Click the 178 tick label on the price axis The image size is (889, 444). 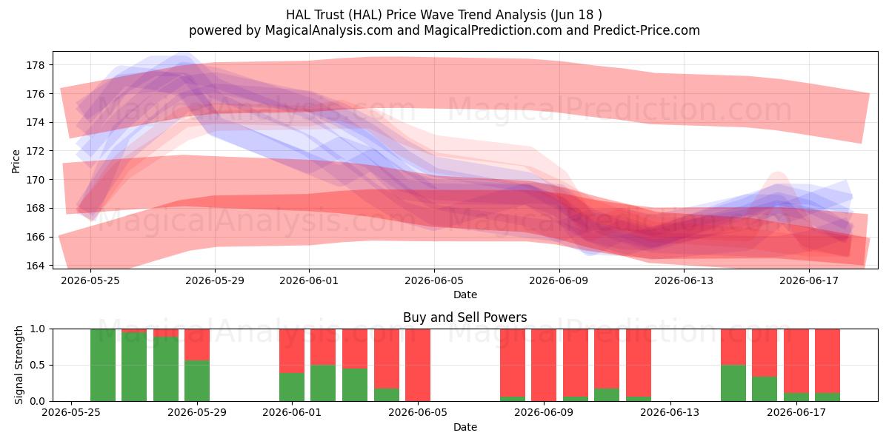coord(35,65)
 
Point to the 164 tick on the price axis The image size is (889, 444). coord(35,266)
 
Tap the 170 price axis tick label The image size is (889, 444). coord(35,180)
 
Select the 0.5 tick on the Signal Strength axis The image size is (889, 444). coord(37,365)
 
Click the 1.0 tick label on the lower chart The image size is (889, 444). coord(37,329)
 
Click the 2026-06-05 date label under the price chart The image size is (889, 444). coord(434,280)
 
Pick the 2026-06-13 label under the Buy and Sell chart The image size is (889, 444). coord(670,413)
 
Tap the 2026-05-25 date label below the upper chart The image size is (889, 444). coord(90,280)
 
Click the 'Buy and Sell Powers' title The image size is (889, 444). coord(465,317)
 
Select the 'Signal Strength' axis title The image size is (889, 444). coord(19,365)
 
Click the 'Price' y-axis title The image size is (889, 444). coord(16,161)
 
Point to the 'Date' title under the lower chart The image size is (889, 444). coord(465,428)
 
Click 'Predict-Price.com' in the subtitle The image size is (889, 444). coord(647,30)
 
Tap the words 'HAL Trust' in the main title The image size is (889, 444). coord(315,15)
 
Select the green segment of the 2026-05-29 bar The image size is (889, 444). coord(197,380)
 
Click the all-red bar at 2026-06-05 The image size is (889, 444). coord(418,365)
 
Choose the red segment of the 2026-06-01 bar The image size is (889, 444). coord(292,351)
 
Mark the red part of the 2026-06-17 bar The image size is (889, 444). coord(796,361)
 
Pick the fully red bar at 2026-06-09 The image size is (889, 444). coord(544,365)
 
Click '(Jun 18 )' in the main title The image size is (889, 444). coord(576,15)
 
